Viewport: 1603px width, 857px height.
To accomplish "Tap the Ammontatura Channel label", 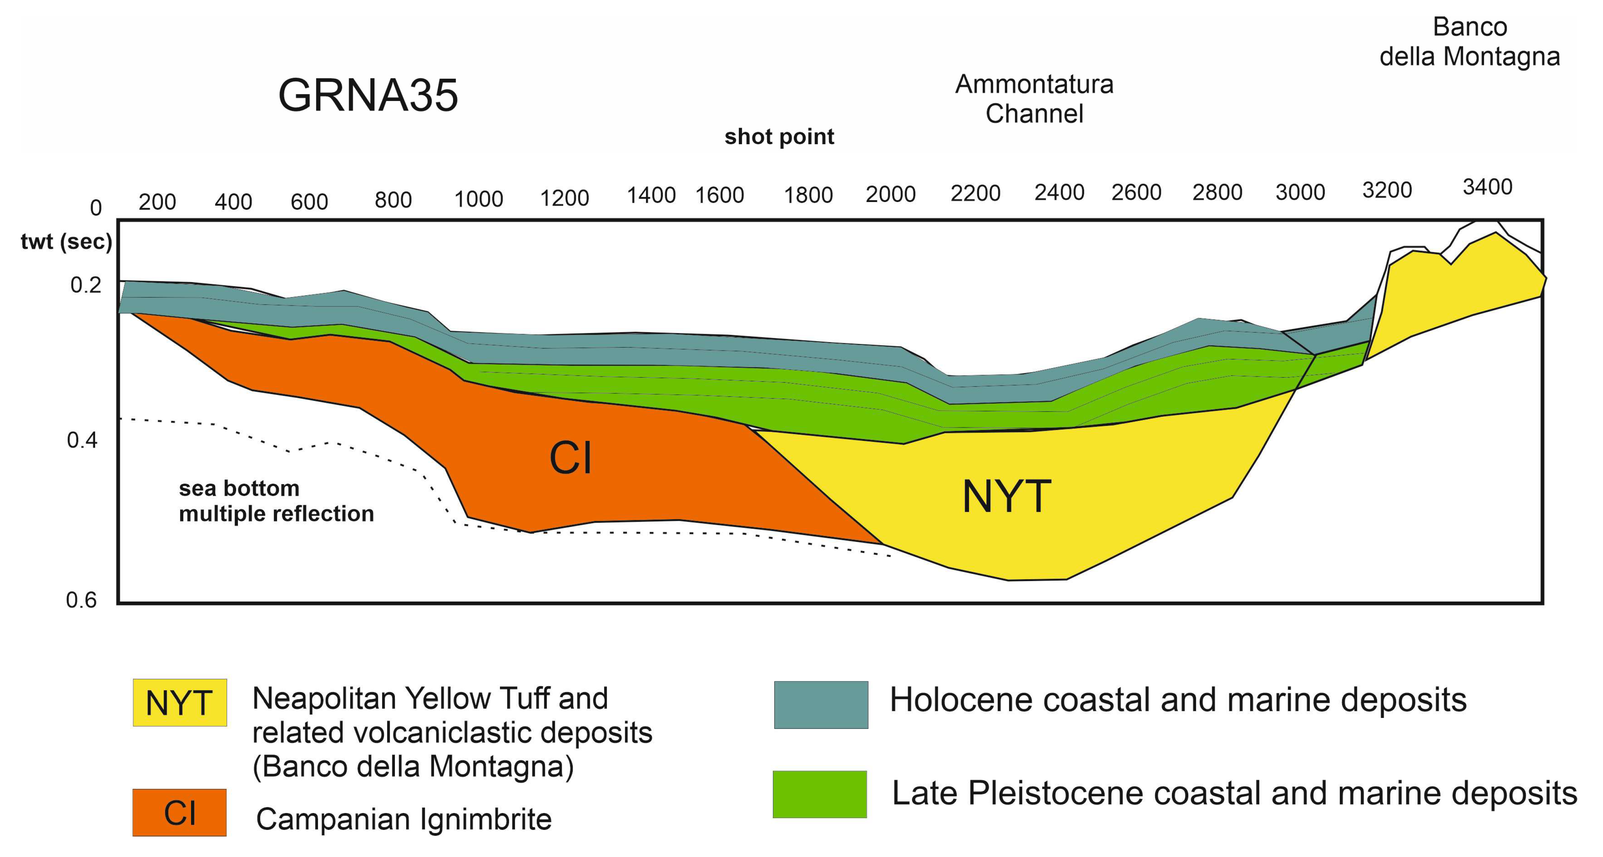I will point(1034,99).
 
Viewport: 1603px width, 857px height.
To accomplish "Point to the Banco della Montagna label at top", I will point(1469,42).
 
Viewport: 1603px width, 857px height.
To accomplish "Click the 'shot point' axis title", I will point(779,136).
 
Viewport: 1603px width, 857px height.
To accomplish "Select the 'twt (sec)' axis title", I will point(66,242).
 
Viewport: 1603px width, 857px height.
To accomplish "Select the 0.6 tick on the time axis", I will point(82,600).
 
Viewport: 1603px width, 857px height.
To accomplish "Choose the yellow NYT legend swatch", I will point(180,703).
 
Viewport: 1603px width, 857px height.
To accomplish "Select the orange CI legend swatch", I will point(179,812).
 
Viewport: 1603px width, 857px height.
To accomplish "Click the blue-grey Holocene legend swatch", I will point(821,704).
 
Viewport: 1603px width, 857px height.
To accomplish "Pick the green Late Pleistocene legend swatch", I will point(819,794).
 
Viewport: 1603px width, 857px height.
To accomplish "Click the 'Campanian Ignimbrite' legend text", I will point(403,819).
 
